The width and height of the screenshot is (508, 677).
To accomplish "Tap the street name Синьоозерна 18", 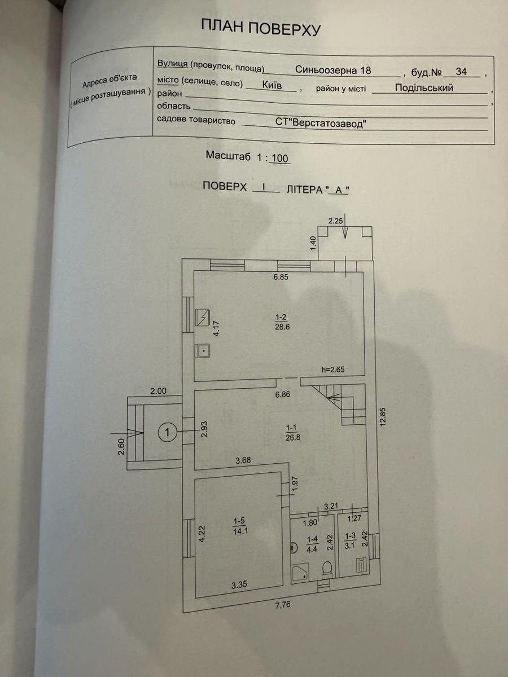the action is click(x=333, y=70).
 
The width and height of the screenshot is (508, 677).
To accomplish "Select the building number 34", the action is click(x=461, y=72).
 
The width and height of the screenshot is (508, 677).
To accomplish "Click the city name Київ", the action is click(x=271, y=85).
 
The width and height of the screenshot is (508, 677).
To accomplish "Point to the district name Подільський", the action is click(x=424, y=88).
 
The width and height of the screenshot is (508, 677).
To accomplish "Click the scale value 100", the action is click(x=280, y=158).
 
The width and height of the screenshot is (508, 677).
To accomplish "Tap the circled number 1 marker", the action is click(x=168, y=432).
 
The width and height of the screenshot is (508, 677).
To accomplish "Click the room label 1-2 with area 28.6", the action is click(x=282, y=322).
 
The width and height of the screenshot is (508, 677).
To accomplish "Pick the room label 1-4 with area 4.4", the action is click(x=312, y=544).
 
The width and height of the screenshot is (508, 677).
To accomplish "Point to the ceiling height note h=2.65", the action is click(x=333, y=369).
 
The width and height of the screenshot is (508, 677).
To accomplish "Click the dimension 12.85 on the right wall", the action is click(x=383, y=417).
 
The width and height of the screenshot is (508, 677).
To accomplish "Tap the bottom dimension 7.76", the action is click(x=283, y=605).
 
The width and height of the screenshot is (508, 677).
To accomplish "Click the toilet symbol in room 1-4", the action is click(x=327, y=569).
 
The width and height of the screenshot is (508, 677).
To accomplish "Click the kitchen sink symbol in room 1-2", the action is click(x=203, y=351).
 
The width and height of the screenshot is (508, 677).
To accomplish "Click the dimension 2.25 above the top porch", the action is click(x=335, y=221).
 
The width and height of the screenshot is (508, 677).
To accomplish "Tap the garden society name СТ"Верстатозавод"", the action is click(x=321, y=123).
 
